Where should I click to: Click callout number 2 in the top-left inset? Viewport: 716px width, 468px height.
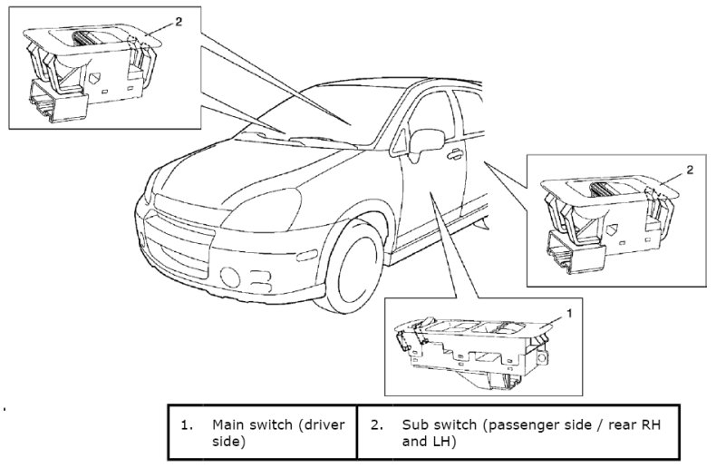178,21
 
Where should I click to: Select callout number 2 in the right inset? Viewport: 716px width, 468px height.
690,170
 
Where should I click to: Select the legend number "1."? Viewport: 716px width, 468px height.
187,424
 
